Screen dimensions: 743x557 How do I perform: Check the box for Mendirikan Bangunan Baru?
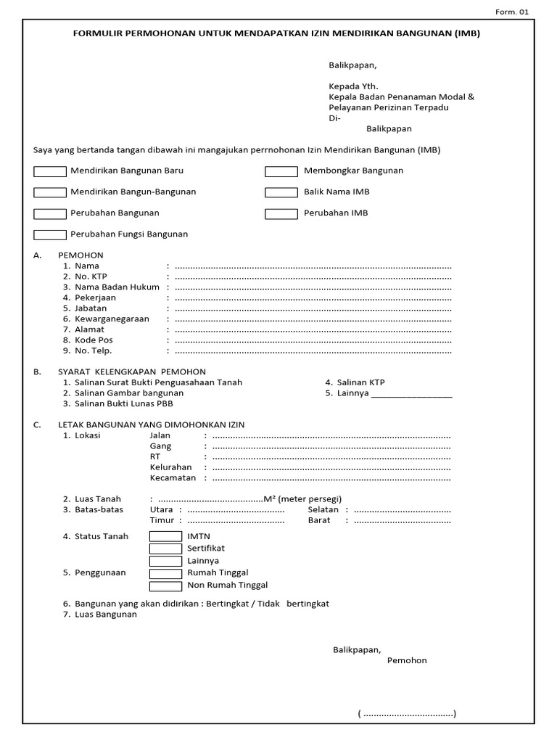[50, 171]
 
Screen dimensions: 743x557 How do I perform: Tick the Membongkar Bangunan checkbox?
[281, 171]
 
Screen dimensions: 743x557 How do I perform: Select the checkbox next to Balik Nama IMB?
[281, 192]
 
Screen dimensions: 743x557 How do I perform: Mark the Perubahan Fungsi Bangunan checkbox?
[50, 234]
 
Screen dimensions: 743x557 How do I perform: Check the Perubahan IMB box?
[281, 213]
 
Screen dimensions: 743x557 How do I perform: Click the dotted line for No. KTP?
[313, 276]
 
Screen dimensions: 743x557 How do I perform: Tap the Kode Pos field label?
[94, 340]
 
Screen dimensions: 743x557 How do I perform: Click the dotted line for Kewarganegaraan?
[313, 319]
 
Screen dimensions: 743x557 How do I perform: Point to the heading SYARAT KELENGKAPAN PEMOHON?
[132, 371]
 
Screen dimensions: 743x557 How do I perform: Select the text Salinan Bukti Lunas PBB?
[123, 403]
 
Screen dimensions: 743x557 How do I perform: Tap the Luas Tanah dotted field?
[210, 499]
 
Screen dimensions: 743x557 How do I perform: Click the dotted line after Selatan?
[402, 510]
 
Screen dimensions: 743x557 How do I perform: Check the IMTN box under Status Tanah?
[165, 536]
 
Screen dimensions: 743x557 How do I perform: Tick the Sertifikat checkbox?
[165, 549]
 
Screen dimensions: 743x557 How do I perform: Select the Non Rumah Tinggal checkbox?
[165, 586]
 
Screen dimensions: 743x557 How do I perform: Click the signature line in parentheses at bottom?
[407, 714]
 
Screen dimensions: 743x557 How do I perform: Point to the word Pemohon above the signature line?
[407, 660]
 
